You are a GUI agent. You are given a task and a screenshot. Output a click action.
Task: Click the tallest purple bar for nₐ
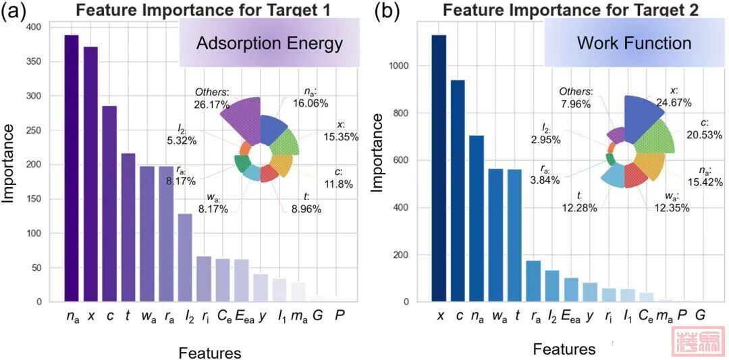click(x=72, y=168)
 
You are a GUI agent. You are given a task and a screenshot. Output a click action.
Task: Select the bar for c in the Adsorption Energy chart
click(x=109, y=203)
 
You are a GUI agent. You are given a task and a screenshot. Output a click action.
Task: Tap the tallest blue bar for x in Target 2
click(x=439, y=168)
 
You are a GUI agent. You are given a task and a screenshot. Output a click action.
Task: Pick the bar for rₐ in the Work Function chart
click(x=533, y=281)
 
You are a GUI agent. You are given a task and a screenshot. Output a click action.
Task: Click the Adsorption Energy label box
click(x=269, y=44)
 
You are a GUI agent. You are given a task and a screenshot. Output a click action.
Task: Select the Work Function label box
click(x=634, y=43)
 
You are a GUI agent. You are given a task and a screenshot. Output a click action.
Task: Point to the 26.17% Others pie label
click(x=212, y=99)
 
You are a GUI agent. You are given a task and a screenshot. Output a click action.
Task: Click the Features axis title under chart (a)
click(x=209, y=352)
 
